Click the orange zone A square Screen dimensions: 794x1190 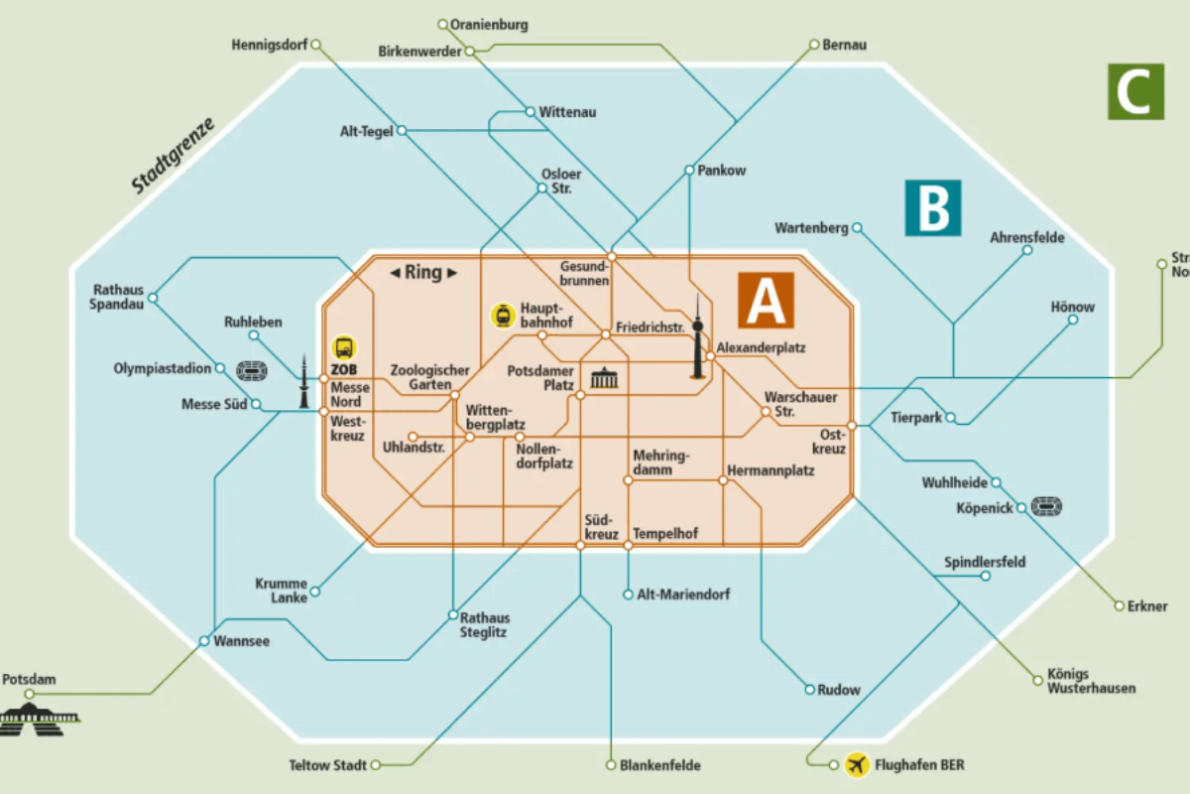pyautogui.click(x=766, y=300)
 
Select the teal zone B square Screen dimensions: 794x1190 pyautogui.click(x=932, y=207)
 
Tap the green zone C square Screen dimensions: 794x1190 pyautogui.click(x=1134, y=91)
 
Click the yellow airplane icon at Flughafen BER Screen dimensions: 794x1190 pyautogui.click(x=857, y=765)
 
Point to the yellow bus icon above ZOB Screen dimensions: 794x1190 pyautogui.click(x=344, y=347)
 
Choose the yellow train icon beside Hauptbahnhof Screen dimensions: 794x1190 pyautogui.click(x=504, y=316)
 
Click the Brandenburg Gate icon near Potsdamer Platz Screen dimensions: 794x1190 pyautogui.click(x=604, y=378)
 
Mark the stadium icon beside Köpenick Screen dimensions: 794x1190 pyautogui.click(x=1047, y=507)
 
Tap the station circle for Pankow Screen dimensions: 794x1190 pyautogui.click(x=689, y=171)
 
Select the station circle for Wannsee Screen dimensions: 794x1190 pyautogui.click(x=203, y=641)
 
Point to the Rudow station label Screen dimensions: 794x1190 pyautogui.click(x=839, y=690)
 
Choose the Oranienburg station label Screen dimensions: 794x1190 pyautogui.click(x=489, y=24)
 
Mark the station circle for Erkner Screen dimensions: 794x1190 pyautogui.click(x=1120, y=605)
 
